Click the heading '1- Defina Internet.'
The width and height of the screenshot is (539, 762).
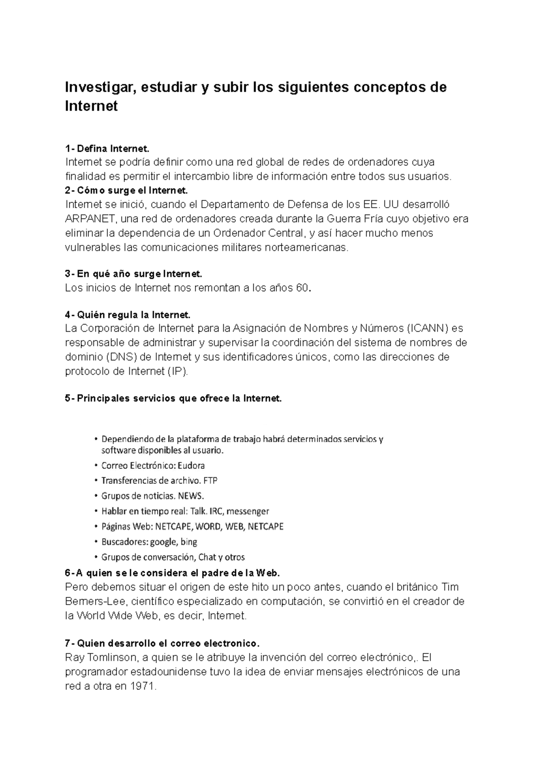106,149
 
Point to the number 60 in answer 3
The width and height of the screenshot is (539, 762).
302,288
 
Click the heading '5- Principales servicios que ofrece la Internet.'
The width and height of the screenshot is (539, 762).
173,399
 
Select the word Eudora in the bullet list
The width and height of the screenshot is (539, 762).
191,466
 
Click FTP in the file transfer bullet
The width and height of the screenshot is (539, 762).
210,481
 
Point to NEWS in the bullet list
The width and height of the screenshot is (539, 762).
191,496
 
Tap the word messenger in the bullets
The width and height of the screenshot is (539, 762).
248,512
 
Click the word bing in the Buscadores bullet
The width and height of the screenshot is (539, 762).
189,542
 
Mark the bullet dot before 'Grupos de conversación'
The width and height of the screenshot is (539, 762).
95,558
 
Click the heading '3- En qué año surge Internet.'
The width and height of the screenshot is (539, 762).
134,274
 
